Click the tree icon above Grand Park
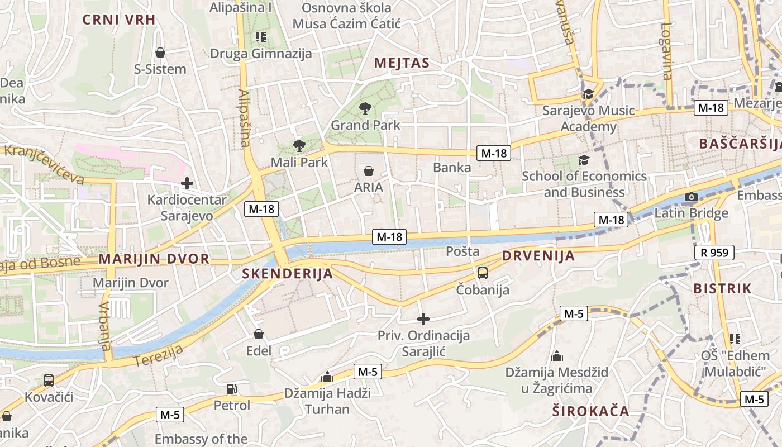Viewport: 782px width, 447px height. [x=365, y=108]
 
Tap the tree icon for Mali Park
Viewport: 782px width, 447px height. [x=299, y=146]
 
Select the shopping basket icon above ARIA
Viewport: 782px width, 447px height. [x=369, y=171]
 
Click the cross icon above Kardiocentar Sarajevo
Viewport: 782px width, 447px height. [x=187, y=183]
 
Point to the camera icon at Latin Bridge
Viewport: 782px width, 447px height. [x=692, y=197]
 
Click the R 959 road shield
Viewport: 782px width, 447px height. [x=714, y=253]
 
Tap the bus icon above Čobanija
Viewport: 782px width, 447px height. [x=483, y=273]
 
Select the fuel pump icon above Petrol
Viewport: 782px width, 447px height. [x=232, y=389]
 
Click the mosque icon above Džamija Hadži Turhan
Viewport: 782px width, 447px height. [x=327, y=377]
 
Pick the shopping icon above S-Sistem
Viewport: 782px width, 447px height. [x=160, y=53]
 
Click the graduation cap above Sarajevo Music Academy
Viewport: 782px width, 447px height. [x=588, y=94]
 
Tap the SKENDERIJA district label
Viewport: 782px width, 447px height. [x=288, y=273]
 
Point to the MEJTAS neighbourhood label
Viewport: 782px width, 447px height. [x=402, y=63]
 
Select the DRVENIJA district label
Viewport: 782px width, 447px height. [x=538, y=256]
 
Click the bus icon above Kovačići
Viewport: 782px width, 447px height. [x=49, y=381]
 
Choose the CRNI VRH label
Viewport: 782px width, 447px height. [x=118, y=20]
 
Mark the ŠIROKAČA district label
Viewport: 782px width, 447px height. [x=590, y=411]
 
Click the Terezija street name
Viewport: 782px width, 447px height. [x=159, y=355]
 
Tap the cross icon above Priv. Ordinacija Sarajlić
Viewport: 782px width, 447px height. [x=423, y=319]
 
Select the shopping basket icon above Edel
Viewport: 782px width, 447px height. [x=259, y=334]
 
